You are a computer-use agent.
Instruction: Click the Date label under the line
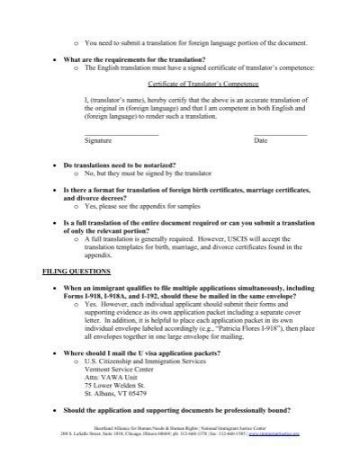tap(260, 141)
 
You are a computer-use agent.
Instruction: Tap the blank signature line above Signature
tap(121, 134)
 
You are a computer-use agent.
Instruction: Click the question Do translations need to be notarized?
tap(120, 166)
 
